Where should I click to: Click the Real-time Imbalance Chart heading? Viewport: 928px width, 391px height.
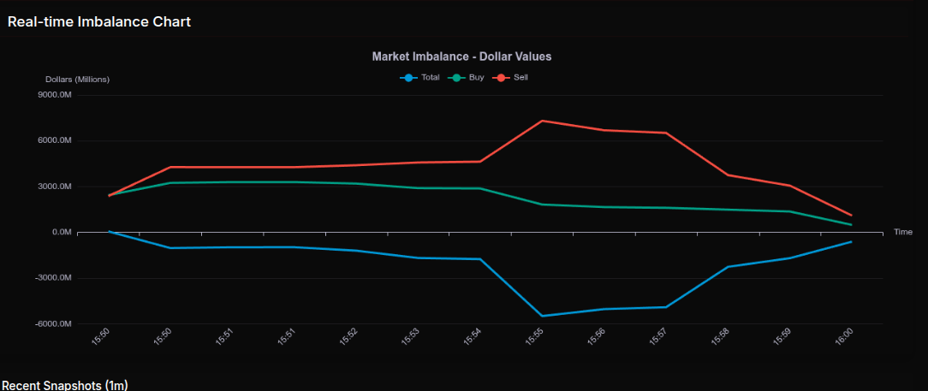click(99, 21)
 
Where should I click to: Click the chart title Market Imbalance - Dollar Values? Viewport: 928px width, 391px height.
click(461, 56)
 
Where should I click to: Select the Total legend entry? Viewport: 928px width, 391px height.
click(420, 78)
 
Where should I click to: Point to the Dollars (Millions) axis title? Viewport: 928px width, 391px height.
click(77, 80)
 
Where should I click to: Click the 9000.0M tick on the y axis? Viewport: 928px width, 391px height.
click(56, 95)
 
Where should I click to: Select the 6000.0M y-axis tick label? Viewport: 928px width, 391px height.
click(56, 140)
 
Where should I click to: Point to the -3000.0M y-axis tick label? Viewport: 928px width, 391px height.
click(54, 278)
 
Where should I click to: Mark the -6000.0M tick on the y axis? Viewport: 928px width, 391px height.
click(54, 324)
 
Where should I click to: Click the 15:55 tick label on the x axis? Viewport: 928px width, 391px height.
click(535, 337)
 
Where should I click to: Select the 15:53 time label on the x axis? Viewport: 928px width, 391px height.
click(412, 337)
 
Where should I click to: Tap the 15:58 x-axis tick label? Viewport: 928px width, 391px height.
click(720, 337)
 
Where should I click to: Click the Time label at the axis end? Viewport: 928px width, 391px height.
click(902, 232)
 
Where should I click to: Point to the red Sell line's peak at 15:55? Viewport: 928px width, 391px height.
click(542, 121)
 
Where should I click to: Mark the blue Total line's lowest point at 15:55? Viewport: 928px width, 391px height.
click(542, 316)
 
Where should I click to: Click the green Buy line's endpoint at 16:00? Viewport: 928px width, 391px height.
click(850, 225)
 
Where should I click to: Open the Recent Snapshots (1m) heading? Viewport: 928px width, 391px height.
click(64, 385)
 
